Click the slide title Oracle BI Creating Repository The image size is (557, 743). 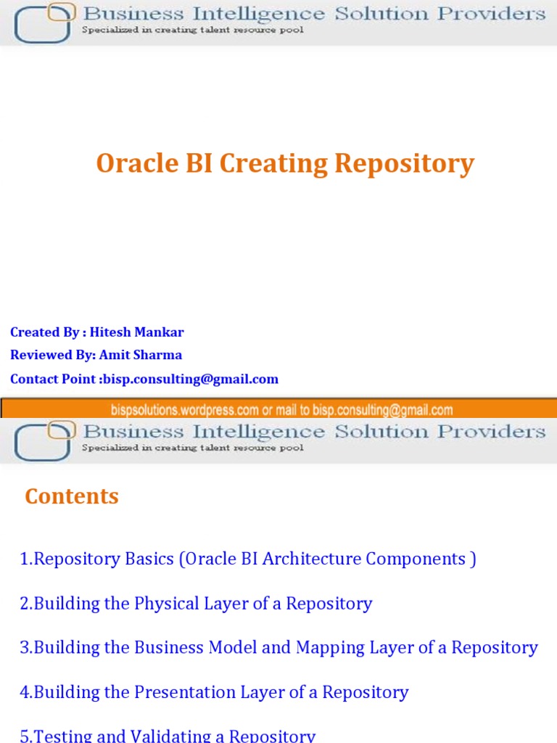point(285,164)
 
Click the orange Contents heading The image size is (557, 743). point(72,496)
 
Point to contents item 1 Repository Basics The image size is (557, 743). point(248,559)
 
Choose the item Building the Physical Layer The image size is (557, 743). point(196,604)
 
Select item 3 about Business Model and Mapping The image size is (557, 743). point(278,647)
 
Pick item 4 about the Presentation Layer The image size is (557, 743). point(214,692)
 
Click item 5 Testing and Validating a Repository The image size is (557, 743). point(168,736)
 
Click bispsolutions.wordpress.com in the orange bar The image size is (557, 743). point(185,410)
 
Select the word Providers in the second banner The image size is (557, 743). point(496,432)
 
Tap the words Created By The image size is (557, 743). point(44,332)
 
